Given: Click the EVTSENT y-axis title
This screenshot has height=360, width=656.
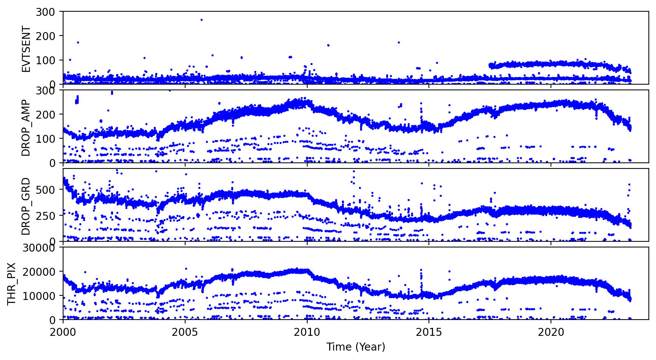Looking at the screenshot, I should point(26,49).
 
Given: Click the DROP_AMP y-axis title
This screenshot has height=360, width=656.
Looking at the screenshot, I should point(26,128).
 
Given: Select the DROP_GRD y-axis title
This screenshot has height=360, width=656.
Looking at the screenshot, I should point(26,206).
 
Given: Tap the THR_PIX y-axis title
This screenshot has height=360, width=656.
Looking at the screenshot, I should point(12,284).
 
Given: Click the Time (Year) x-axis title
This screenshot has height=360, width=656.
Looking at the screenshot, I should point(356,347).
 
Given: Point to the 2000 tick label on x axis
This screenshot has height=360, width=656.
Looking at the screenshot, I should point(63,332).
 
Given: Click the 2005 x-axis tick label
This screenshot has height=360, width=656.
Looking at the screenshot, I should point(185,332).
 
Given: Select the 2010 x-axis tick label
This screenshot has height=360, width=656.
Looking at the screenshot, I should point(307,332).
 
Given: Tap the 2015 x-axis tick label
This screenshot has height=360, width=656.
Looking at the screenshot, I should point(429,332).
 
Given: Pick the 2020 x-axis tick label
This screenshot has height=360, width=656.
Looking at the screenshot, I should point(551,332).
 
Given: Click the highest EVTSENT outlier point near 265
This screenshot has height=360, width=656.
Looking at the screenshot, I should point(201,20).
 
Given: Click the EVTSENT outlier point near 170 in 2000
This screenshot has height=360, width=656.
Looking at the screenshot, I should point(78,42).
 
